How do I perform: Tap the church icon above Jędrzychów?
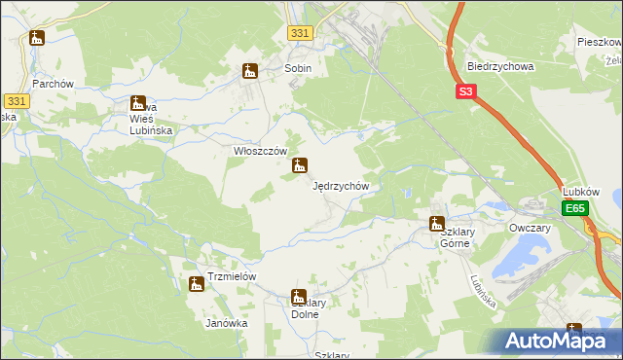pyautogui.click(x=300, y=165)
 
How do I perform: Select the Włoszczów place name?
pyautogui.click(x=260, y=151)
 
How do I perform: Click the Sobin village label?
pyautogui.click(x=298, y=69)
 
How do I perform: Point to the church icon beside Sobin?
pyautogui.click(x=250, y=70)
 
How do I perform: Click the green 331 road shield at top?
pyautogui.click(x=300, y=33)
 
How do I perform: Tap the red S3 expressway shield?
pyautogui.click(x=466, y=92)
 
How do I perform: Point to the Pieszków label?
pyautogui.click(x=599, y=43)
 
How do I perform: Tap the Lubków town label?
pyautogui.click(x=581, y=192)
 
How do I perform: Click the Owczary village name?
pyautogui.click(x=530, y=228)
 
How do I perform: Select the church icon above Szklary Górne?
pyautogui.click(x=437, y=224)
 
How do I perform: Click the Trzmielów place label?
pyautogui.click(x=230, y=276)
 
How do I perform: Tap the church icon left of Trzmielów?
pyautogui.click(x=197, y=283)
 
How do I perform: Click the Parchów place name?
pyautogui.click(x=54, y=84)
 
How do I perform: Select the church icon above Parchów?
pyautogui.click(x=37, y=38)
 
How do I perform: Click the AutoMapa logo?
pyautogui.click(x=554, y=342)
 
